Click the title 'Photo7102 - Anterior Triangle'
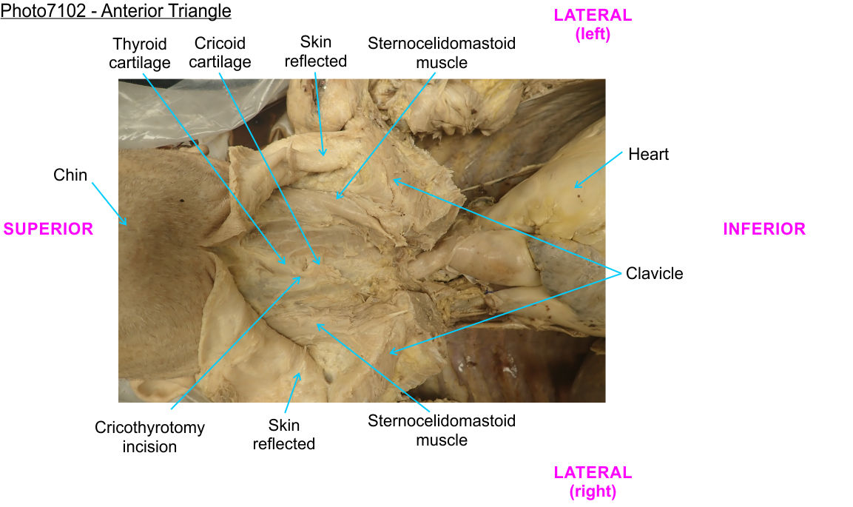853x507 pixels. [116, 11]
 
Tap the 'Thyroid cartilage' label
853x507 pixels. [139, 53]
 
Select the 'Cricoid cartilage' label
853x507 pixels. [220, 53]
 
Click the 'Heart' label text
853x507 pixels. [648, 155]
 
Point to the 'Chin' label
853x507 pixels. [70, 175]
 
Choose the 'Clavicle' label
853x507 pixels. [654, 274]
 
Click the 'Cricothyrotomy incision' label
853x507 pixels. [149, 437]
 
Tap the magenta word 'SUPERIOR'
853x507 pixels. [49, 229]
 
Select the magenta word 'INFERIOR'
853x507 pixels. [764, 229]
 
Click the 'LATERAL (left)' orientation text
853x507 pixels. [593, 24]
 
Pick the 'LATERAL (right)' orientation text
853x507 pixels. [593, 481]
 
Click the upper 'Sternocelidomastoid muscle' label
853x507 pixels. [442, 53]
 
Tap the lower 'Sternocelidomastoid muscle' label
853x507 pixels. [442, 430]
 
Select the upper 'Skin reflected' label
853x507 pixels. [316, 51]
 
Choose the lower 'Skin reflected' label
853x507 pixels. [284, 434]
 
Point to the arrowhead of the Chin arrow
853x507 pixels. [127, 224]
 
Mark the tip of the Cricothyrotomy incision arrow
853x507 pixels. [302, 275]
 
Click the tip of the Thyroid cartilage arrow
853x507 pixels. [286, 264]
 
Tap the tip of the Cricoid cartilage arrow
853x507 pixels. [320, 264]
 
